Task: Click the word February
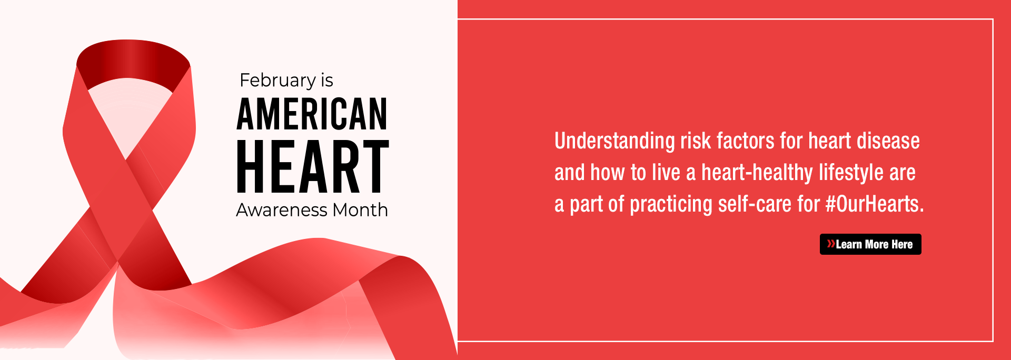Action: tap(277, 81)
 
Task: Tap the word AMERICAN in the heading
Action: tap(312, 114)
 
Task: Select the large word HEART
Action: tap(313, 166)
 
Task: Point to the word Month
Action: tap(360, 210)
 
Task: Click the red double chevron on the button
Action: tap(831, 244)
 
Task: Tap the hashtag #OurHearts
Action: tap(875, 204)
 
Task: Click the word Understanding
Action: tap(614, 142)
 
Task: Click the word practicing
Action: tap(671, 205)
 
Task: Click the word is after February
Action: tap(327, 81)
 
